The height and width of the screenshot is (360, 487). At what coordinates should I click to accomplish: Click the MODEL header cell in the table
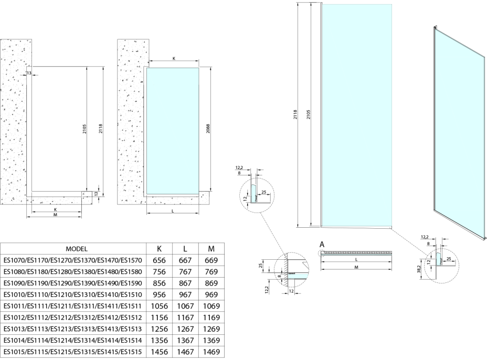coord(76,249)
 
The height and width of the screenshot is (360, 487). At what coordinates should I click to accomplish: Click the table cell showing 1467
coord(187,352)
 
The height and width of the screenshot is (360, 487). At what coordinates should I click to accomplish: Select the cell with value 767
coord(187,272)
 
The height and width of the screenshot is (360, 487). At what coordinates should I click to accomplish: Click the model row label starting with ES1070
coord(73,260)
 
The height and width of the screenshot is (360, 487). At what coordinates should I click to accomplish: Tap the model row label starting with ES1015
coord(73,352)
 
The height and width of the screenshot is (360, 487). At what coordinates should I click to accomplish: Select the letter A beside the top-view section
coord(321,245)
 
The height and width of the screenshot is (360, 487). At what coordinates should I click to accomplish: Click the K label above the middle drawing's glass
coord(174,59)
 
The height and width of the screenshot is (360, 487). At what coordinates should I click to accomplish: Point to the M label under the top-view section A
coord(356,268)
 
